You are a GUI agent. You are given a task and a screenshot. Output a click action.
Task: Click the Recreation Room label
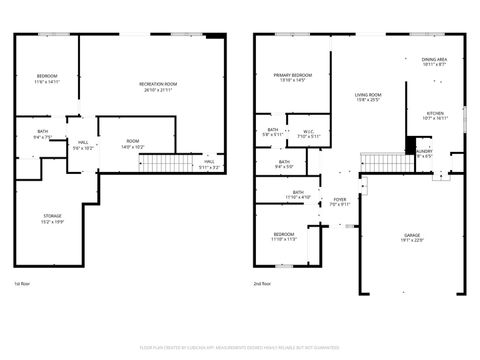pyautogui.click(x=158, y=86)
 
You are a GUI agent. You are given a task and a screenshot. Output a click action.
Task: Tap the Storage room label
pyautogui.click(x=51, y=219)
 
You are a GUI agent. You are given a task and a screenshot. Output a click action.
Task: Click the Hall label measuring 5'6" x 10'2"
pyautogui.click(x=83, y=145)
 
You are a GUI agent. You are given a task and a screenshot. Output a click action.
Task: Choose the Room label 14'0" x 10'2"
pyautogui.click(x=133, y=144)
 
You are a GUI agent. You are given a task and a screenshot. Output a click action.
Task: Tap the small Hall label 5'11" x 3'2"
pyautogui.click(x=209, y=164)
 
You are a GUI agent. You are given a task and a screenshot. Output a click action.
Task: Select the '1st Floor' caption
pyautogui.click(x=22, y=283)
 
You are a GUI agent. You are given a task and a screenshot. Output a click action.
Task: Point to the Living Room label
pyautogui.click(x=369, y=97)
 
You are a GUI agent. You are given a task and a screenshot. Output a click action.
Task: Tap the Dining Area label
pyautogui.click(x=434, y=62)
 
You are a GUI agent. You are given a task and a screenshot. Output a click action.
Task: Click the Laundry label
pyautogui.click(x=424, y=153)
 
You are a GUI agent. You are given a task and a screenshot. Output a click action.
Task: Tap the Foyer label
pyautogui.click(x=340, y=201)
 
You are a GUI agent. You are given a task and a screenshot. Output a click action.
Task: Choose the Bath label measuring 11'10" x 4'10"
pyautogui.click(x=298, y=195)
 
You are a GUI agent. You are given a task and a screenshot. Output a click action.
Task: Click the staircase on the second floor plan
pyautogui.click(x=379, y=162)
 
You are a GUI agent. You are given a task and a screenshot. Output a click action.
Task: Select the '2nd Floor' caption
pyautogui.click(x=263, y=283)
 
